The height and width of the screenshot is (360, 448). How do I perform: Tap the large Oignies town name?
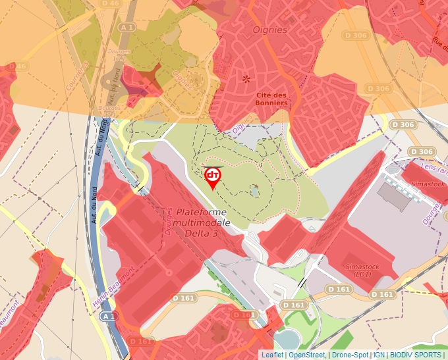[x=270, y=30]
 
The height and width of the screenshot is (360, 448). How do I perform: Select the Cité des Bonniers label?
[x=271, y=99]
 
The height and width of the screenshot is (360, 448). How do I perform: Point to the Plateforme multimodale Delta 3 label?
[x=202, y=222]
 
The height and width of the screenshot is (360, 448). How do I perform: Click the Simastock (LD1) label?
[x=362, y=270]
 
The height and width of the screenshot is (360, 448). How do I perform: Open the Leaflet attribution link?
[x=272, y=355]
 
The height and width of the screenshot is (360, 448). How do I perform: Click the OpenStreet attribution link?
[x=307, y=355]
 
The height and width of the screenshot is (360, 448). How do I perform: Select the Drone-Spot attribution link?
[x=350, y=355]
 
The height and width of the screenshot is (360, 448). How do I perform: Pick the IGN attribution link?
[x=379, y=355]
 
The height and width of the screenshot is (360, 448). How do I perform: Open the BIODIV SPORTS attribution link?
[x=415, y=355]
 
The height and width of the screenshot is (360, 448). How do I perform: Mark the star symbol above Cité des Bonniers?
[x=246, y=79]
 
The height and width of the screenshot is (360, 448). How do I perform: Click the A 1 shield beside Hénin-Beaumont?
[x=109, y=316]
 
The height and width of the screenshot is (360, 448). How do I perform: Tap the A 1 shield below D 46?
[x=128, y=27]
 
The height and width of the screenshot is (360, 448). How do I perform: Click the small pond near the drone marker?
[x=254, y=192]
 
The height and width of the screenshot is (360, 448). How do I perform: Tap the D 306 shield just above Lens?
[x=420, y=151]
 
